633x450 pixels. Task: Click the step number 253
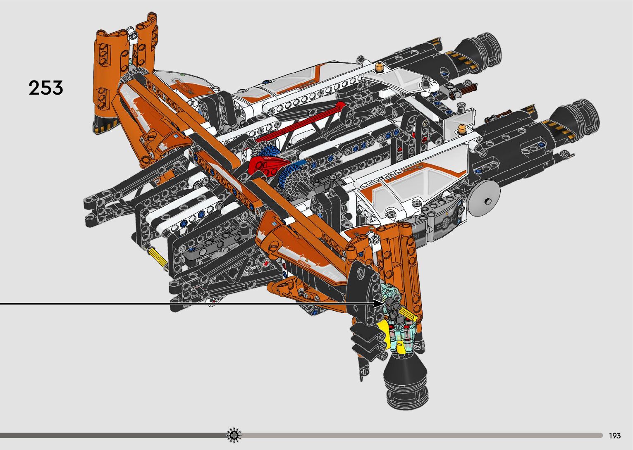pyautogui.click(x=46, y=88)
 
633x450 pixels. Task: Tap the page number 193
pyautogui.click(x=615, y=436)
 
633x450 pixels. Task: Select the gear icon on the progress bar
pyautogui.click(x=234, y=435)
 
